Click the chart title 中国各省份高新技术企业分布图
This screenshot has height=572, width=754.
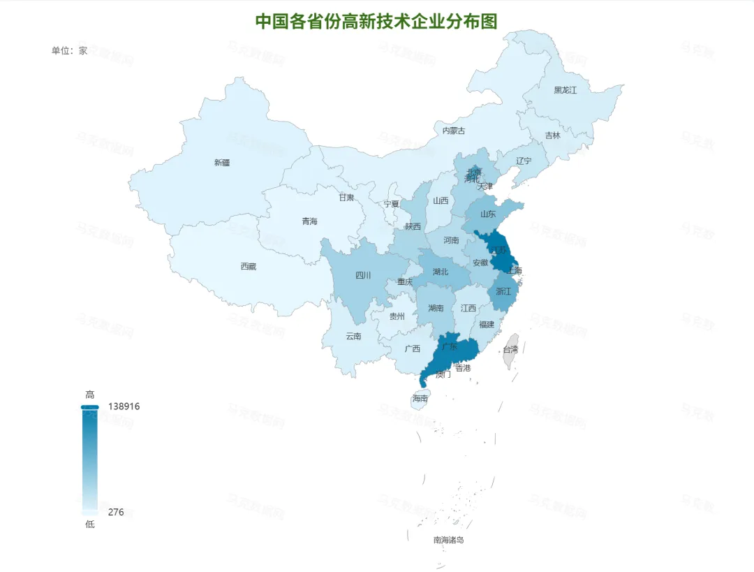[376, 21]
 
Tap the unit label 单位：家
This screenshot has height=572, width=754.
[69, 50]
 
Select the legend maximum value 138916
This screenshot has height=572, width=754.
[124, 406]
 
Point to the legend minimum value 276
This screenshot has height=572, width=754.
[116, 512]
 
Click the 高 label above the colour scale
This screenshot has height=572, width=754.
[89, 395]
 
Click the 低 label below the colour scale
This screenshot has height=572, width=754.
[89, 525]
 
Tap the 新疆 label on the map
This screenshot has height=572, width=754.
[222, 163]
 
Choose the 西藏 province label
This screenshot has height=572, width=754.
[248, 266]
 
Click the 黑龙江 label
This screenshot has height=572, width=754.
[565, 90]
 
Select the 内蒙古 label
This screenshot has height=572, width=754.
[454, 131]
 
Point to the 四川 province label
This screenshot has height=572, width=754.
[363, 275]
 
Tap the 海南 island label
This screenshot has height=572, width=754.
[420, 399]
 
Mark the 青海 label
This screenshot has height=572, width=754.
[309, 221]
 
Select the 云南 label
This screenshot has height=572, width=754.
[353, 336]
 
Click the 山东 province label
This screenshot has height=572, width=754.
[488, 214]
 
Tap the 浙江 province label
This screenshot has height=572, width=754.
[503, 291]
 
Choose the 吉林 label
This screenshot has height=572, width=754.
[552, 135]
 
